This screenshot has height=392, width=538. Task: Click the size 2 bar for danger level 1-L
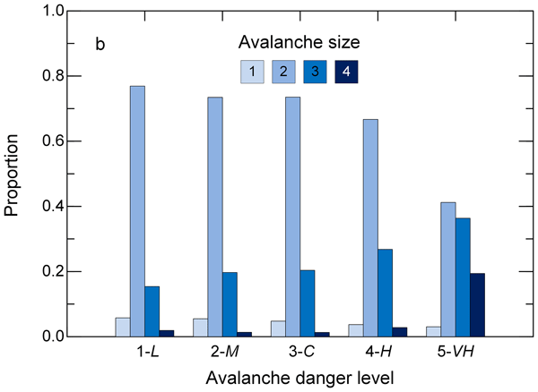click(x=138, y=211)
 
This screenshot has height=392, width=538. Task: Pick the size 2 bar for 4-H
click(x=371, y=227)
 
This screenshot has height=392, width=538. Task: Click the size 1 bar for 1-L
click(x=123, y=327)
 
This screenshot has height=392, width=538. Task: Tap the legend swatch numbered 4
click(x=345, y=72)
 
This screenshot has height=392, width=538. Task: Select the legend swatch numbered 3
click(x=314, y=72)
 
